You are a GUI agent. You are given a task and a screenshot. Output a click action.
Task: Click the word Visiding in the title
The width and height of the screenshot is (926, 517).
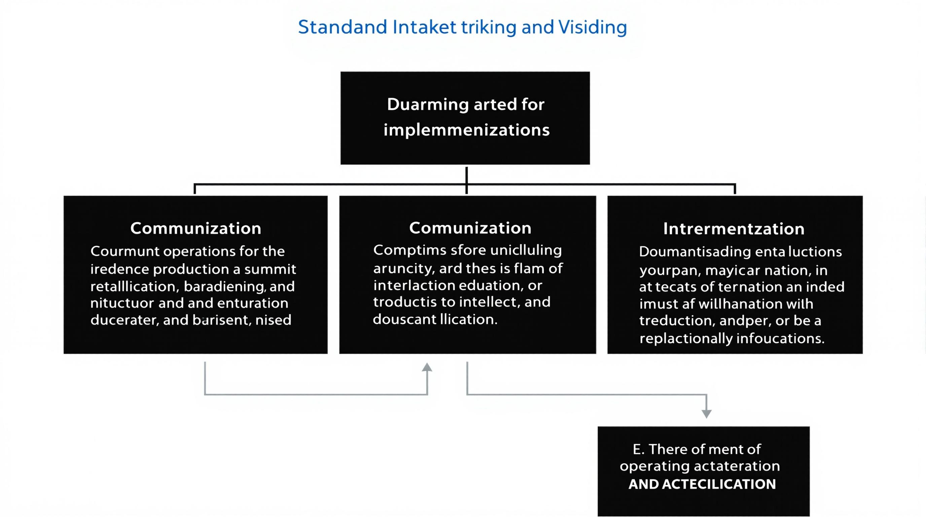click(593, 27)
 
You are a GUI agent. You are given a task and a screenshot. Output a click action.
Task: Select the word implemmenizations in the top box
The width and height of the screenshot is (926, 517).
click(466, 130)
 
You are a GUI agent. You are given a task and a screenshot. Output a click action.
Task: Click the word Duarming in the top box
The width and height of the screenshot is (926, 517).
click(427, 105)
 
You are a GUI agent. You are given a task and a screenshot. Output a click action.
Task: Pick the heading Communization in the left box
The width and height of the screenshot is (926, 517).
click(195, 229)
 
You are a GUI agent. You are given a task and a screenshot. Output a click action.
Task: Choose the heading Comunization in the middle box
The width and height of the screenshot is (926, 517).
click(470, 228)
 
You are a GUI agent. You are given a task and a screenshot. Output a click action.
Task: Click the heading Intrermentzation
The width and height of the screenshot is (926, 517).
click(734, 229)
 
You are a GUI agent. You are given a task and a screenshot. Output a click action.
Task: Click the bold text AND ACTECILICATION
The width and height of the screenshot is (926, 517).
click(702, 484)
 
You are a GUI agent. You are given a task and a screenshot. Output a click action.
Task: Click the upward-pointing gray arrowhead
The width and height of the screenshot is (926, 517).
click(427, 368)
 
